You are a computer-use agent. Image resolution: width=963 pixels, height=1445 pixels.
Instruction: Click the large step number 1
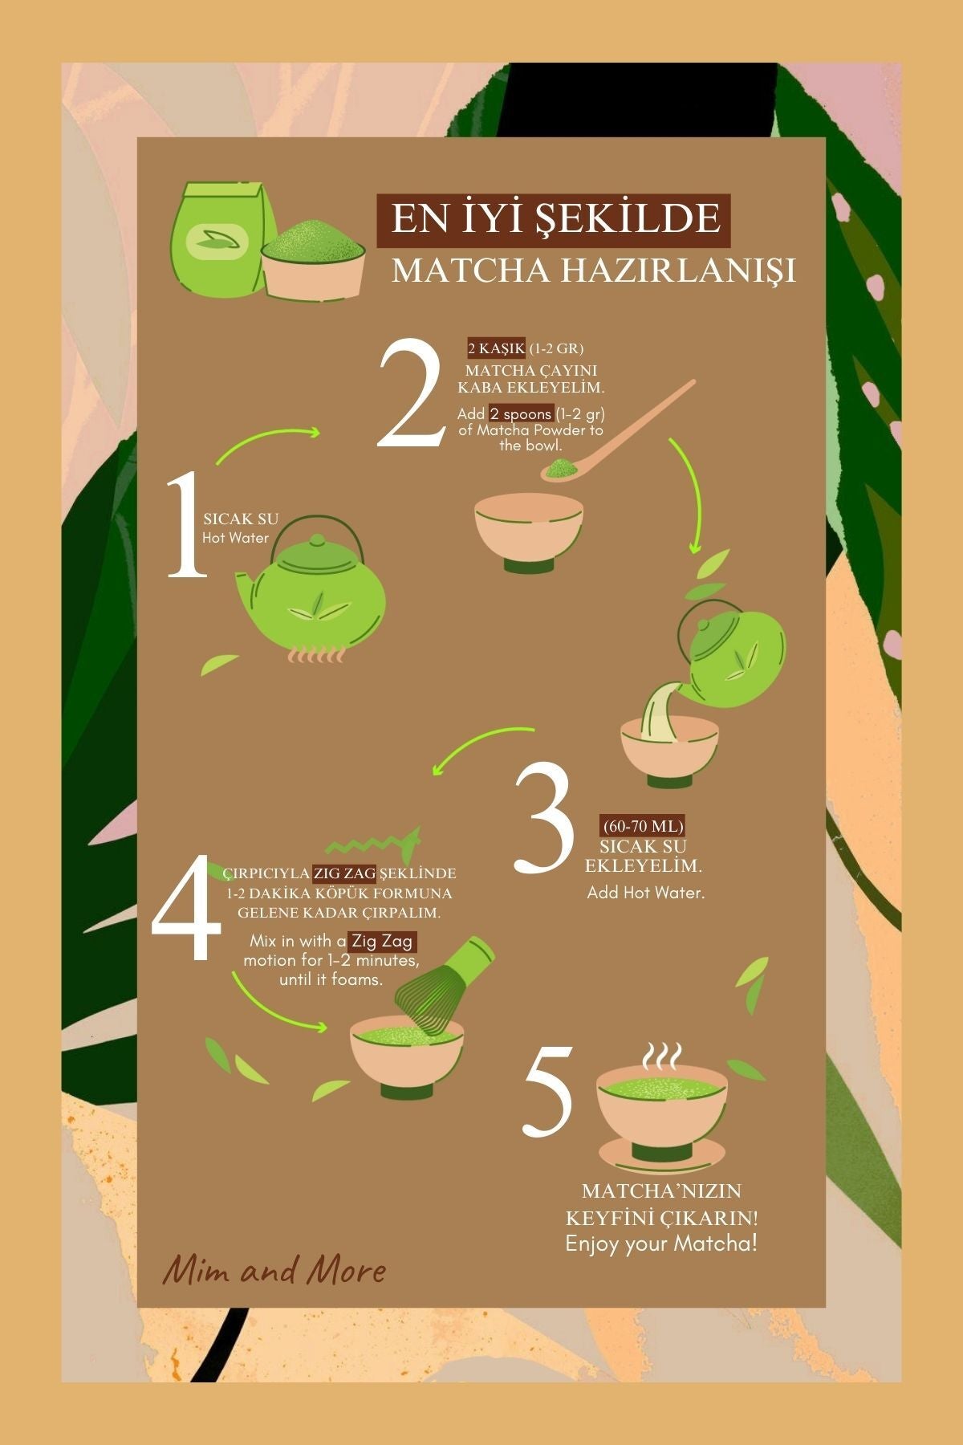pyautogui.click(x=186, y=526)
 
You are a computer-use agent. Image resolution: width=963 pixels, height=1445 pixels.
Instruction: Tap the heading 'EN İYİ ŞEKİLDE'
pyautogui.click(x=555, y=219)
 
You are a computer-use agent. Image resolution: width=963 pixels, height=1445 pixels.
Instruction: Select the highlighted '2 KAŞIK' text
pyautogui.click(x=497, y=348)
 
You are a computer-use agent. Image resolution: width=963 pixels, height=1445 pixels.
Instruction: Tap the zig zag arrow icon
pyautogui.click(x=375, y=842)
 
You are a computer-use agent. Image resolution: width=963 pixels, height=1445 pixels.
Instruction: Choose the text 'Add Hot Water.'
pyautogui.click(x=645, y=892)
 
